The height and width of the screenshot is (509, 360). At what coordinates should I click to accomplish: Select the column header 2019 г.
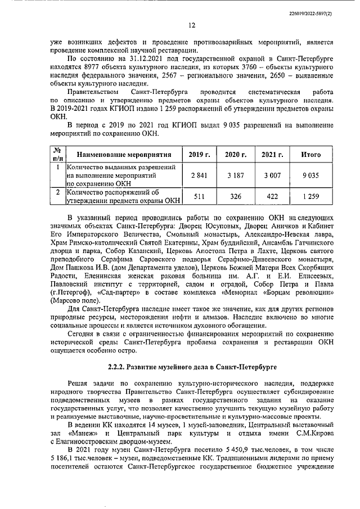[x=199, y=155]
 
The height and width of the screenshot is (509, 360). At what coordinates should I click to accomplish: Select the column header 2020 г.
[x=236, y=155]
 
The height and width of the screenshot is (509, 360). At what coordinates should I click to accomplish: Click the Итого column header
[x=310, y=155]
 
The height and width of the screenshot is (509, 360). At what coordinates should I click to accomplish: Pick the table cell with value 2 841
[x=199, y=175]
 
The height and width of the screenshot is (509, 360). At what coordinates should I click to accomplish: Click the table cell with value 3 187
[x=236, y=175]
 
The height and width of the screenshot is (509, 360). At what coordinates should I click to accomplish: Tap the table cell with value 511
[x=199, y=196]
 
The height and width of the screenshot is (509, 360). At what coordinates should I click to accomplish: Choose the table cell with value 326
[x=236, y=196]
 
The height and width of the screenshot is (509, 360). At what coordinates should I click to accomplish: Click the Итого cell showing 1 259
[x=310, y=196]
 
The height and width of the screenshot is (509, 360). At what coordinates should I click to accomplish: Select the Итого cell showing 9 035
[x=310, y=175]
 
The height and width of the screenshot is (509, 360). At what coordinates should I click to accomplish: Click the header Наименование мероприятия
[x=123, y=155]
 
